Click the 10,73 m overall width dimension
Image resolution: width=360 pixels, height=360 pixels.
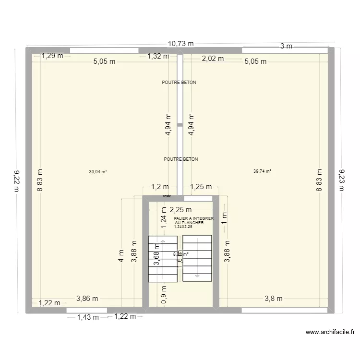coord(180,44)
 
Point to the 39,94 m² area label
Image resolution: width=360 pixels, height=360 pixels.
coord(98,171)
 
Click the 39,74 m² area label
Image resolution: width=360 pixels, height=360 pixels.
coord(262,171)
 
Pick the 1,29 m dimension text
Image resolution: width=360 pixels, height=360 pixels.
coord(52,56)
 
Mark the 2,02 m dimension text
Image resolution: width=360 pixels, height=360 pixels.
coord(213,59)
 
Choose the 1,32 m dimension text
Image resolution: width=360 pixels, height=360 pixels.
coord(157,56)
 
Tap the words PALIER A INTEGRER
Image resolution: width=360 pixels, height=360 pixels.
coord(194,218)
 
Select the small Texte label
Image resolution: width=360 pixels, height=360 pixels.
coord(167,196)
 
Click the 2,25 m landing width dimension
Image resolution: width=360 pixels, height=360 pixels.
coord(180,209)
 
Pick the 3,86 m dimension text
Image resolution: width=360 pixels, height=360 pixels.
coord(87,298)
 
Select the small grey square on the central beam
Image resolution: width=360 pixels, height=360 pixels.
coord(180,125)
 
